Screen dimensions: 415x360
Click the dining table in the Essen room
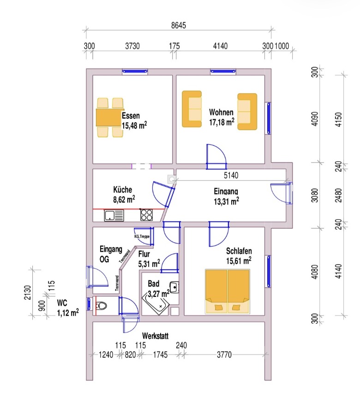[110, 118]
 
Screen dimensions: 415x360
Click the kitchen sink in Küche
[114, 215]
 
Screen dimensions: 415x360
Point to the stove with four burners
[147, 215]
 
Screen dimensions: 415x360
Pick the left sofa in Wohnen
[192, 109]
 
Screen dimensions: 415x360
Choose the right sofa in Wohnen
[247, 112]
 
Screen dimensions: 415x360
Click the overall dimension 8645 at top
[178, 25]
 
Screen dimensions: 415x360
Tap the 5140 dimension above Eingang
[231, 176]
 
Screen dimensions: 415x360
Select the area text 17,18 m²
[222, 122]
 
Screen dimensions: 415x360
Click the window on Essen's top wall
[135, 71]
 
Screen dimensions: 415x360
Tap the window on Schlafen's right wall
[268, 272]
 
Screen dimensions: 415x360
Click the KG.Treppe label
[142, 236]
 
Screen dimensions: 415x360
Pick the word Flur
[144, 253]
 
